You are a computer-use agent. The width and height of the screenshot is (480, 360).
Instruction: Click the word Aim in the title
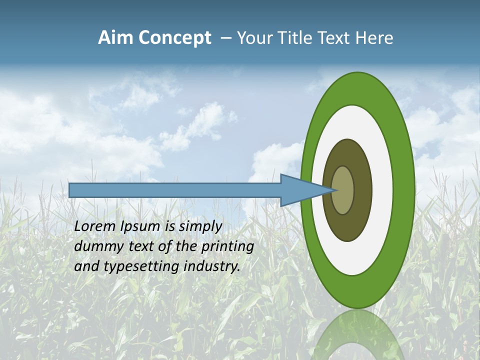coord(116,38)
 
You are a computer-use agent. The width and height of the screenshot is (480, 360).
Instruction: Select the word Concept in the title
coord(174,38)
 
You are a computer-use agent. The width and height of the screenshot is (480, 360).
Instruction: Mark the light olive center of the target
coord(343,190)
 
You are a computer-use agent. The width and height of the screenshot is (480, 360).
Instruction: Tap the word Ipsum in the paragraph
coord(141,226)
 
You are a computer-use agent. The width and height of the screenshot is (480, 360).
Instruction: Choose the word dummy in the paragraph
coord(96,246)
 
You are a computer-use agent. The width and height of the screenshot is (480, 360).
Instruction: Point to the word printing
coord(227,246)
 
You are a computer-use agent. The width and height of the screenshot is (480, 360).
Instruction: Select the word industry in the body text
coord(212,266)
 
